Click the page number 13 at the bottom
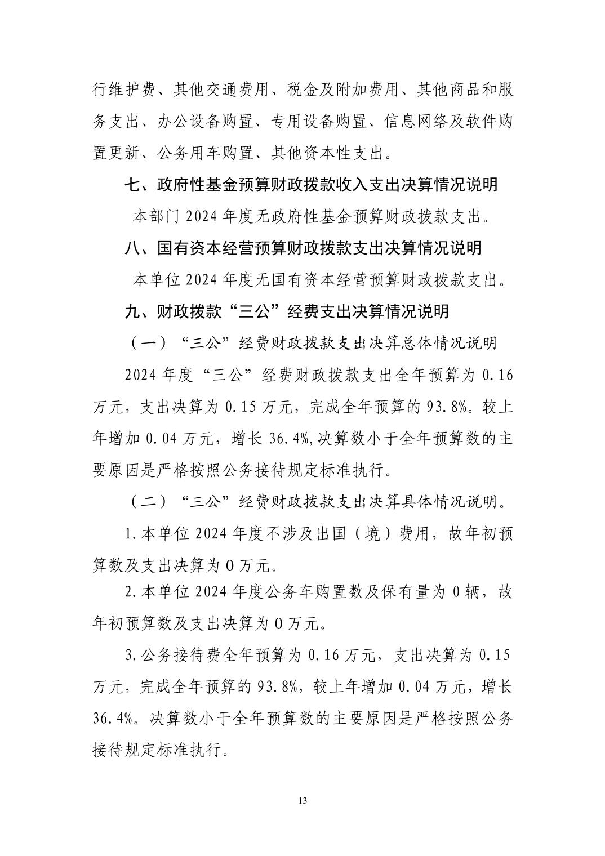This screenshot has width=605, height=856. [303, 800]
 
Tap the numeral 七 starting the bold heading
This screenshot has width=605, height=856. [132, 184]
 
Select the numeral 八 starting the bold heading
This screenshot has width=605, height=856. [132, 248]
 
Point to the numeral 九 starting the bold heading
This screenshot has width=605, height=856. [132, 311]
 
